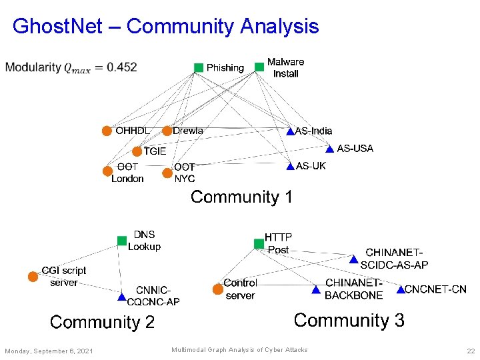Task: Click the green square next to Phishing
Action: click(199, 67)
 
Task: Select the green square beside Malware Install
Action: click(259, 67)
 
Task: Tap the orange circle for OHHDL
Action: click(107, 131)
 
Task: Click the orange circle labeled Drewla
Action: click(167, 131)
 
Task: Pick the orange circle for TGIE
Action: click(137, 151)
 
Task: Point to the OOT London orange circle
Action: click(107, 171)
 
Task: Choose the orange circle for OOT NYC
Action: click(167, 173)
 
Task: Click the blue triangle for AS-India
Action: click(290, 131)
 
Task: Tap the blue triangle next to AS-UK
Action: click(290, 166)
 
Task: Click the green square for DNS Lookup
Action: click(121, 241)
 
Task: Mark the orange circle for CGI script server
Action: click(33, 276)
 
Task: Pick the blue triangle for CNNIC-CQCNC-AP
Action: click(122, 297)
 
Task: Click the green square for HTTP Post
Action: click(259, 244)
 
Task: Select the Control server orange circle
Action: click(217, 289)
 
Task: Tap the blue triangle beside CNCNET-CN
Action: click(400, 290)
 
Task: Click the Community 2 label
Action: click(102, 323)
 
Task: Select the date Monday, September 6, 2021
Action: click(49, 351)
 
